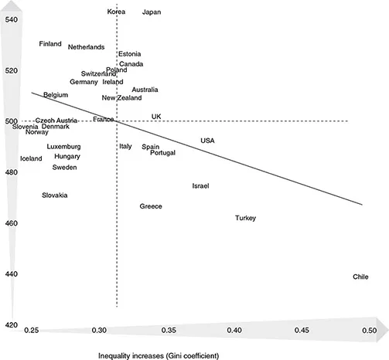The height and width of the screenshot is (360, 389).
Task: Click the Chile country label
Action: (x=360, y=277)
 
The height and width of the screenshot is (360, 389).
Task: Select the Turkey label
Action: (x=245, y=218)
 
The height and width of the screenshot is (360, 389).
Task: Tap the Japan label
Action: (x=152, y=12)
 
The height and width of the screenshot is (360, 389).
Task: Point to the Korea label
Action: (x=116, y=12)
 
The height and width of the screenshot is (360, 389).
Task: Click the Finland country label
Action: (x=50, y=44)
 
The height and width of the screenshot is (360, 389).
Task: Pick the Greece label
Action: (x=151, y=206)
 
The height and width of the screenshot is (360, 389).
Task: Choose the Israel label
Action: (x=201, y=186)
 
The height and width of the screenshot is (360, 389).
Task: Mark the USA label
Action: (x=207, y=141)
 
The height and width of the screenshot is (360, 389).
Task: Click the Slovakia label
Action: (x=54, y=195)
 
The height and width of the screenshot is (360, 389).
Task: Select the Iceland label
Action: (x=32, y=158)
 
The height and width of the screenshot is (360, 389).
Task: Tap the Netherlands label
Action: (x=86, y=47)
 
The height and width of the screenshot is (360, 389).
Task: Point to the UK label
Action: (x=156, y=117)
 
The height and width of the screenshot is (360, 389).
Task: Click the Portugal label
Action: (x=162, y=153)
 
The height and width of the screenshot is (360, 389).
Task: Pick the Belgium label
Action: (x=56, y=95)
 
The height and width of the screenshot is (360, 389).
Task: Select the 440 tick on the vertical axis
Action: (x=12, y=274)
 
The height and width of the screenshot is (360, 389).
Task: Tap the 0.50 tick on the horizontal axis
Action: (x=369, y=331)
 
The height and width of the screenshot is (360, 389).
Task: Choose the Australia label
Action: (x=145, y=90)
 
